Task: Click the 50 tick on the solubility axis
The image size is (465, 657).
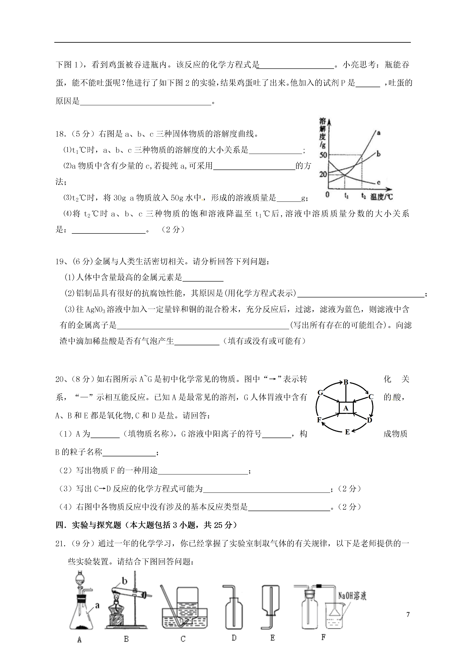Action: pyautogui.click(x=323, y=155)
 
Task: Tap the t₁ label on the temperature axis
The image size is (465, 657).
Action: pyautogui.click(x=346, y=196)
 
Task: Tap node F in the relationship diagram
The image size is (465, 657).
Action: pyautogui.click(x=319, y=420)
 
